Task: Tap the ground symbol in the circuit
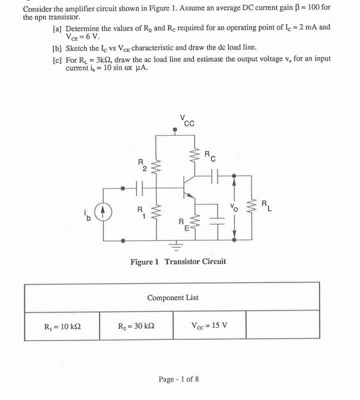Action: click(175, 246)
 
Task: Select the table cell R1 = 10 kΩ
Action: click(62, 326)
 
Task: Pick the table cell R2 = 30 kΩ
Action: click(136, 326)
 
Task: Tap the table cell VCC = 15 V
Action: click(209, 326)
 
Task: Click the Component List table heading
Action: click(172, 297)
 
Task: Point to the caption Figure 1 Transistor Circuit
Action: click(178, 261)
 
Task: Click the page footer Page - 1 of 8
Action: click(178, 379)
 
